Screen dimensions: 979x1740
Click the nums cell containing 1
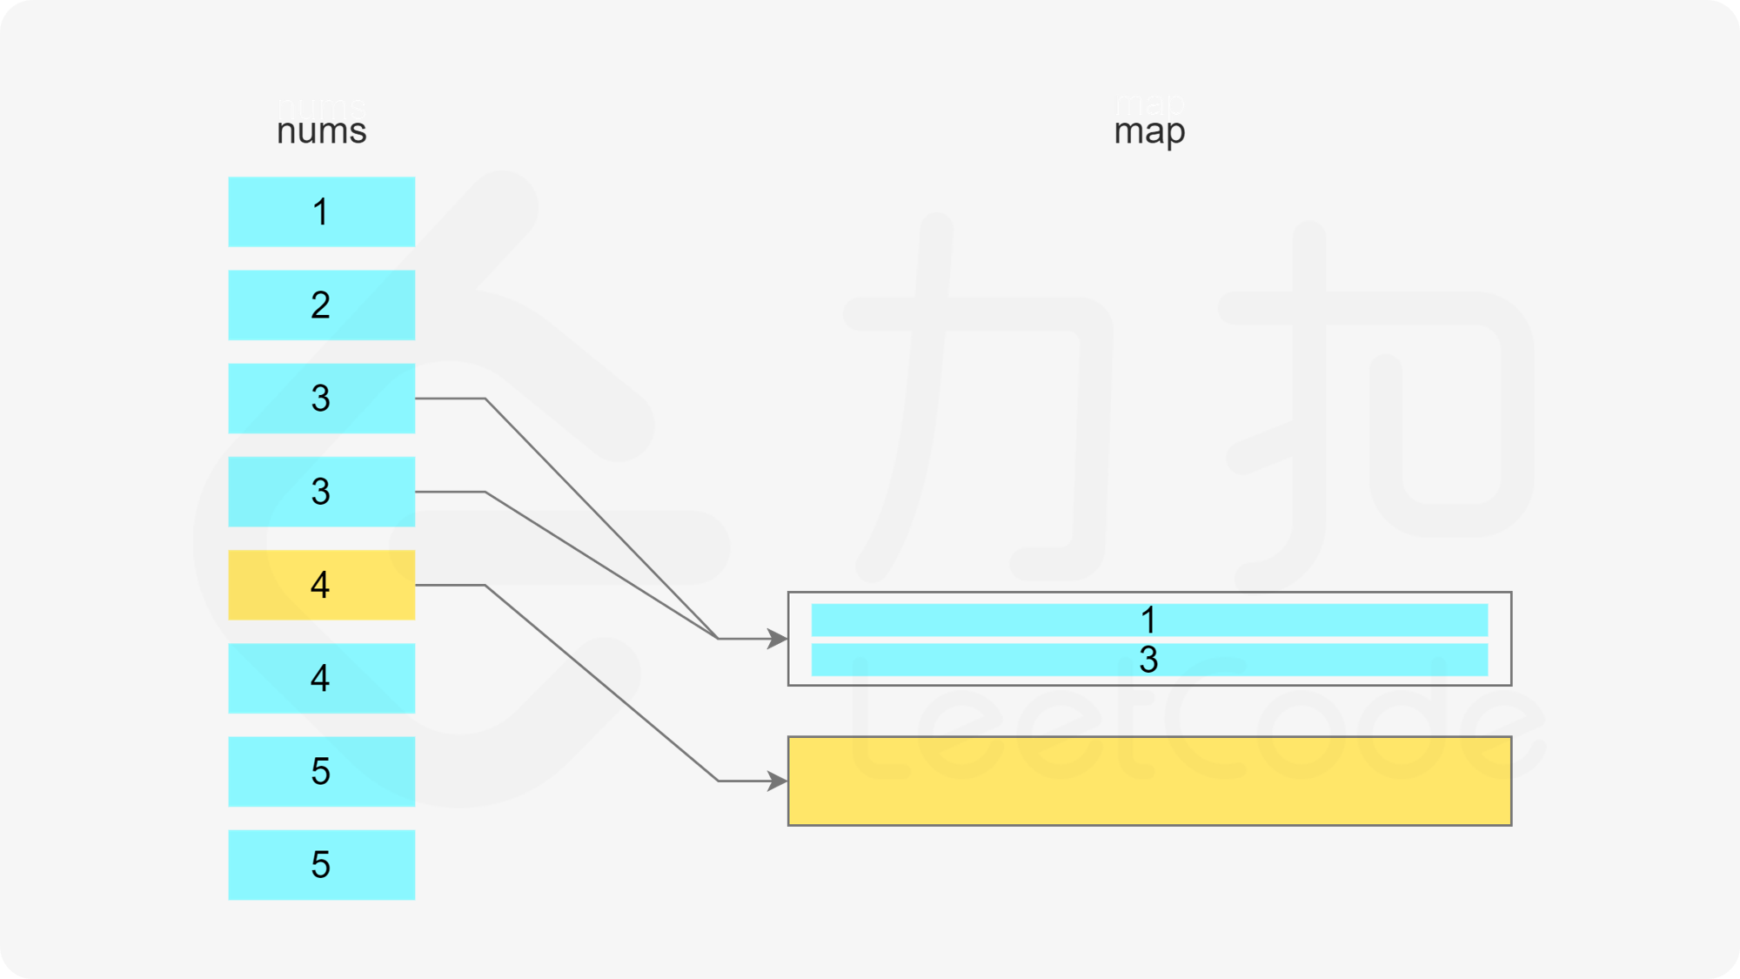pos(321,211)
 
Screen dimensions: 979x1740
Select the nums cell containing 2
pos(321,305)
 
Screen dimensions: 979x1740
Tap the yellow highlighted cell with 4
pos(321,585)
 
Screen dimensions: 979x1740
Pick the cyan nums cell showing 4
pos(321,678)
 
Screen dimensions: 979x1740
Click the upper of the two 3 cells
pos(321,398)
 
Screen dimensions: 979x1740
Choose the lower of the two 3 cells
pos(321,492)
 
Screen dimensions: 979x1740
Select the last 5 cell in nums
pos(321,864)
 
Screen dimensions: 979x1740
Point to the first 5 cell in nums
pos(321,771)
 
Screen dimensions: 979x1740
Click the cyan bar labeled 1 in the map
pos(1148,620)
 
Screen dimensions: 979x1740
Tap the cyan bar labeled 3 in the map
pos(1148,660)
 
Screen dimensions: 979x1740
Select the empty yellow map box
pos(1148,781)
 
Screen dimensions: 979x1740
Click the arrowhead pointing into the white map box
pos(777,639)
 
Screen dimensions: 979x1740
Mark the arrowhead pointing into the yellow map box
pos(777,781)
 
